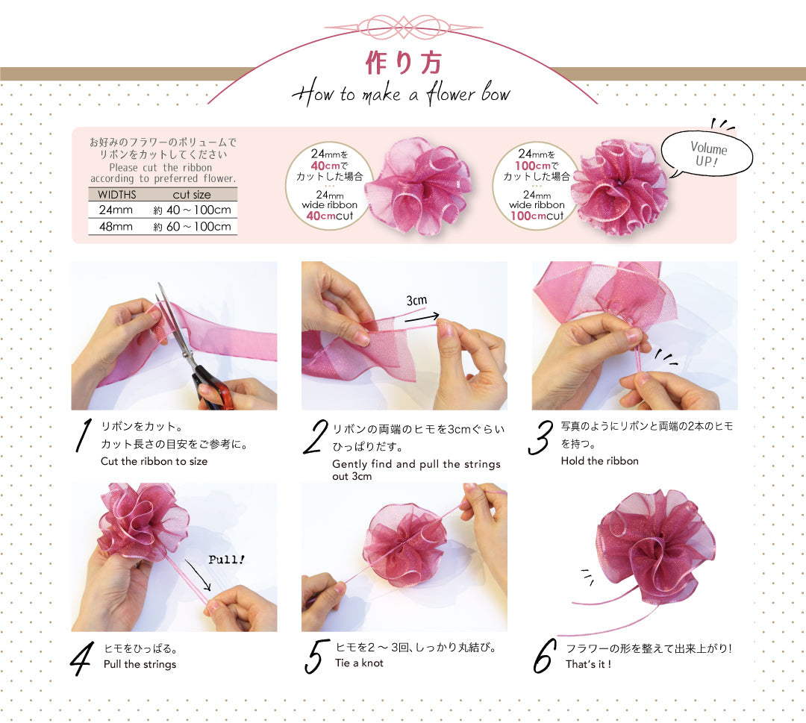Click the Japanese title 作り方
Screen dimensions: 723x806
(402, 63)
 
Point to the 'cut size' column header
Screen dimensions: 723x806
(192, 195)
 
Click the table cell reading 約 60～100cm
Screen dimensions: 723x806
(192, 227)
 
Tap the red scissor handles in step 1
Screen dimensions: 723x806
(214, 392)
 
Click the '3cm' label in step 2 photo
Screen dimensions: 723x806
(416, 300)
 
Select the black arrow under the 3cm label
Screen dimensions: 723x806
(422, 318)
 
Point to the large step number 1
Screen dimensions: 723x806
(84, 436)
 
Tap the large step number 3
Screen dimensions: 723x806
(540, 438)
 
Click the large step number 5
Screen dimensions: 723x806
(316, 654)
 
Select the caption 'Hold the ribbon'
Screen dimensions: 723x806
(599, 461)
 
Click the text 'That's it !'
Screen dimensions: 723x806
(588, 664)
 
